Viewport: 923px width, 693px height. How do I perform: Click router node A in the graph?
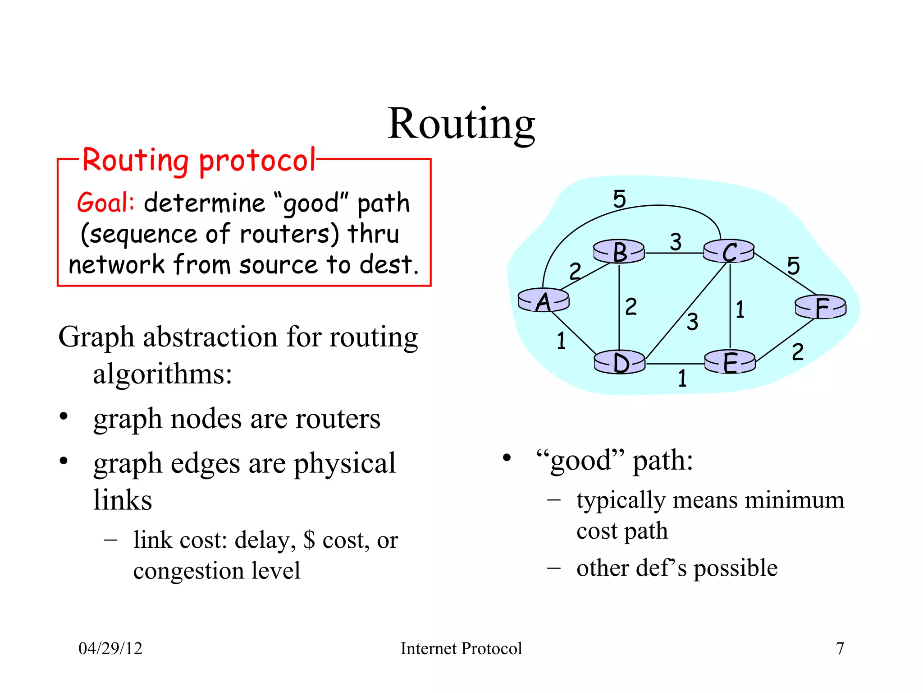[x=544, y=300]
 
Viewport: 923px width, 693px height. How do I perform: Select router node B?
[x=619, y=252]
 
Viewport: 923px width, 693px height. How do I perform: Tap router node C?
[x=729, y=251]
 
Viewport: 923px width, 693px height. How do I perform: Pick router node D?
[x=620, y=362]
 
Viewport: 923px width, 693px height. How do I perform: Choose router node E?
[x=730, y=362]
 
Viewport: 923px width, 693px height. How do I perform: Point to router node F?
[x=821, y=307]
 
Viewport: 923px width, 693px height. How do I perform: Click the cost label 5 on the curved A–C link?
[x=620, y=199]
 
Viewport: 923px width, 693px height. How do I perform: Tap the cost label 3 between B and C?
[x=675, y=242]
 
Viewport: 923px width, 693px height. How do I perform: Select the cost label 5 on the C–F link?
[x=793, y=266]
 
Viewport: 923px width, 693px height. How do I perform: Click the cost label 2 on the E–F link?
[x=797, y=352]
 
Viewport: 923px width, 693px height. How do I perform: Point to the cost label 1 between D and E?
[x=682, y=378]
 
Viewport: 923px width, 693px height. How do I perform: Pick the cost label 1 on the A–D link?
[x=561, y=341]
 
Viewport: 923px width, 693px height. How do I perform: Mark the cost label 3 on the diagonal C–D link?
[x=692, y=322]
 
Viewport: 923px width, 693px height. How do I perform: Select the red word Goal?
[x=105, y=203]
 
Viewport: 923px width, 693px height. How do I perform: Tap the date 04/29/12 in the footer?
[x=110, y=648]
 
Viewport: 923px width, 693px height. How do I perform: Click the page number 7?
[x=840, y=648]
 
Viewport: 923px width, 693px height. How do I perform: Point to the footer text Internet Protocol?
[x=461, y=648]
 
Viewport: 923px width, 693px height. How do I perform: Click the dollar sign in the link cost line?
[x=309, y=540]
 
